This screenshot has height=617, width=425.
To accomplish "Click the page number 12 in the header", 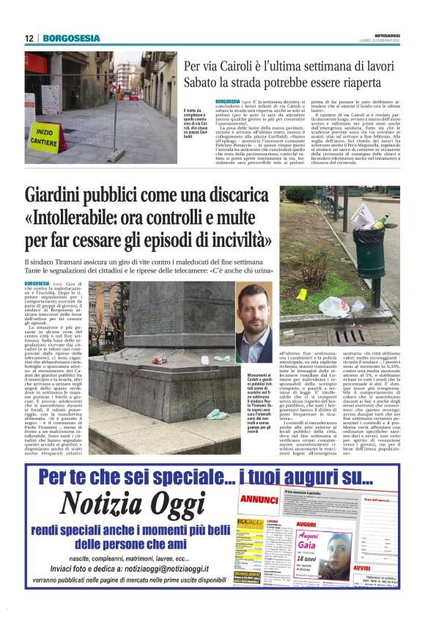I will coord(29,38).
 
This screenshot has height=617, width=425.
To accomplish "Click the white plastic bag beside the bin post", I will coord(334,303).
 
